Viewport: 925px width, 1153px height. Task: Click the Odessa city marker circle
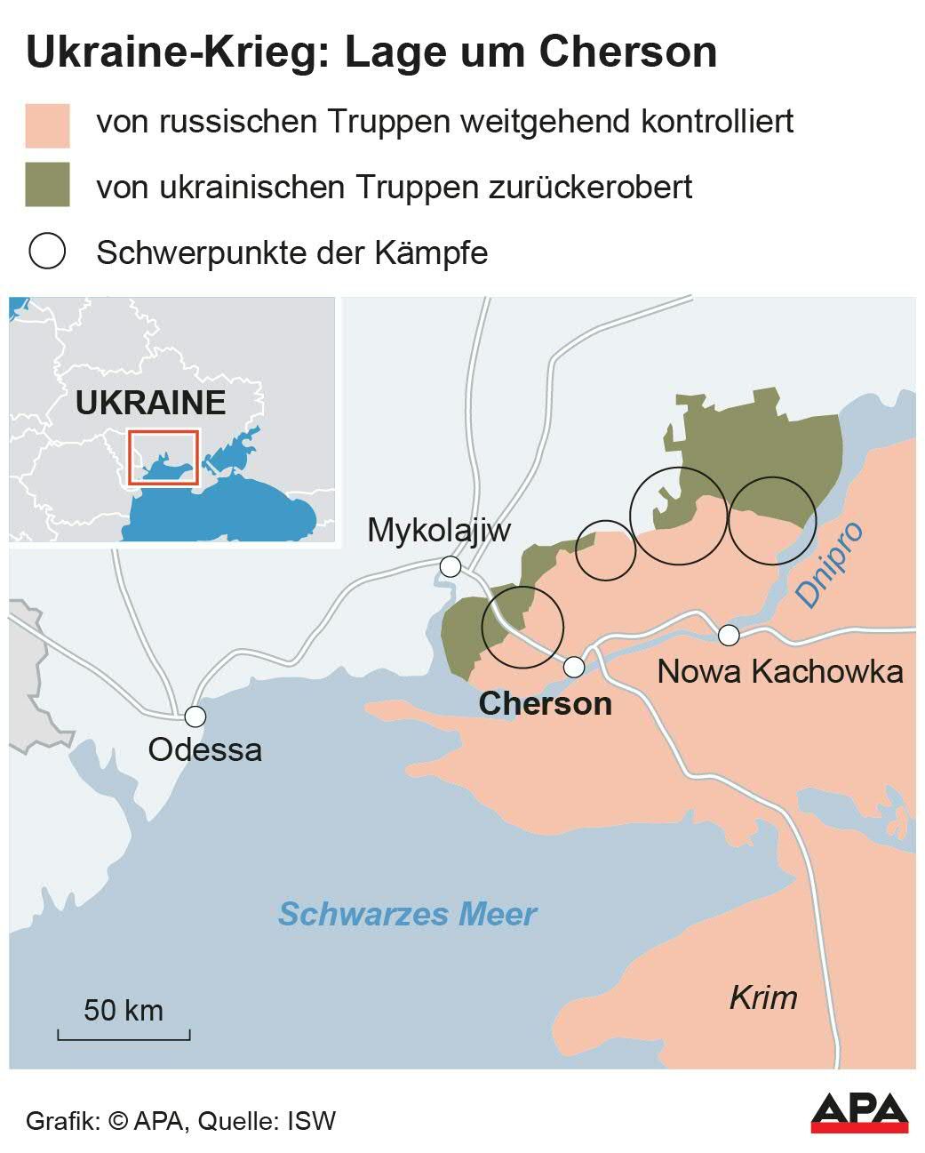click(x=195, y=717)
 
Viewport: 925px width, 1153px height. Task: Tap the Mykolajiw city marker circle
click(x=451, y=566)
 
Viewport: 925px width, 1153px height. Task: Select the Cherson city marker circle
click(x=574, y=666)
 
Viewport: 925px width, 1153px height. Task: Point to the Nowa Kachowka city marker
click(x=729, y=635)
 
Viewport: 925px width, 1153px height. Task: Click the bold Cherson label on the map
click(x=545, y=704)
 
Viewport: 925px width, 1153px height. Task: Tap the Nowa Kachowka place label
click(x=779, y=671)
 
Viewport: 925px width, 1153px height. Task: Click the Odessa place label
click(x=204, y=749)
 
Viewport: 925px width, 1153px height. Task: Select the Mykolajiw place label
click(x=439, y=531)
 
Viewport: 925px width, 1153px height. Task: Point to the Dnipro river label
click(x=829, y=564)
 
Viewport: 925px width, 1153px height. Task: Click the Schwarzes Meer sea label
click(x=407, y=914)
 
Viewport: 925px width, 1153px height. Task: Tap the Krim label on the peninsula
click(x=762, y=997)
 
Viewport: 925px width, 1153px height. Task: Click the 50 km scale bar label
click(x=124, y=1010)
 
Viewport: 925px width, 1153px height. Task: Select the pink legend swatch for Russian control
click(x=48, y=124)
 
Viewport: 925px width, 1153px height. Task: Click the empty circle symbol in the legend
click(x=48, y=252)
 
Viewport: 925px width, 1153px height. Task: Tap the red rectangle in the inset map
click(x=163, y=457)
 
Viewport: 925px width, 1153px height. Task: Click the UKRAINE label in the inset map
click(x=150, y=403)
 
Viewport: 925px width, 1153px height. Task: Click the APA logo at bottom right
click(x=859, y=1113)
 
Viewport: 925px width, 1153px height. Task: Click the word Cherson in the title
click(x=627, y=52)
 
